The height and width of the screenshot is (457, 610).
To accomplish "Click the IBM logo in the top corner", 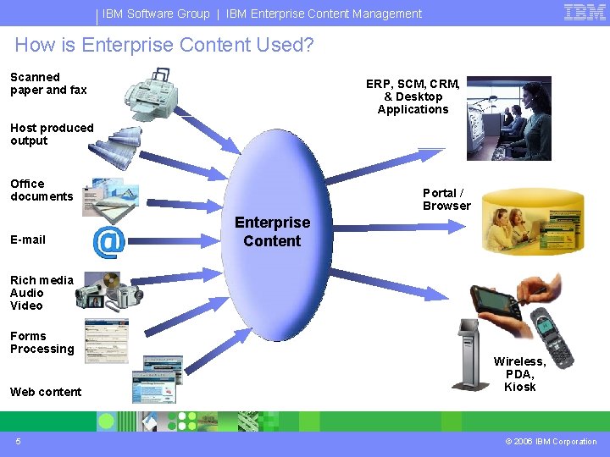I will (585, 13).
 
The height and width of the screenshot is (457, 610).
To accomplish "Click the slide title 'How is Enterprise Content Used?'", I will (164, 46).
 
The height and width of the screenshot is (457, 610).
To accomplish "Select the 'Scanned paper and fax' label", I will (48, 84).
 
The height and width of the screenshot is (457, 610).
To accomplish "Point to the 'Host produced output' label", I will (52, 135).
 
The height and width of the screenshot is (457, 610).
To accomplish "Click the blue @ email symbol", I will (108, 242).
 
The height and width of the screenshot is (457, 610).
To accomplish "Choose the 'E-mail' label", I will (28, 240).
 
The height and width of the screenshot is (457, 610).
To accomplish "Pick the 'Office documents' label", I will (42, 190).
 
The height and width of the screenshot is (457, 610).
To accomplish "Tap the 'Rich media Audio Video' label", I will (42, 293).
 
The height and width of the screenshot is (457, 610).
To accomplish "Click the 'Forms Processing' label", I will (42, 343).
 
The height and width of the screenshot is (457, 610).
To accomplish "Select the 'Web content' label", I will (46, 392).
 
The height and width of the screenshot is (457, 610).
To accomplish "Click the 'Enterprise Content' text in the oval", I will (272, 232).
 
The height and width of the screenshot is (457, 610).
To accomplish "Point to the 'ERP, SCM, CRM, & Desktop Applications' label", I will (413, 96).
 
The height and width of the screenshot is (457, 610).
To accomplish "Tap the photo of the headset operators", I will (508, 118).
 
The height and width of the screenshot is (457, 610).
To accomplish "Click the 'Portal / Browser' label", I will (446, 200).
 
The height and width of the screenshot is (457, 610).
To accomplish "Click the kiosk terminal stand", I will (469, 355).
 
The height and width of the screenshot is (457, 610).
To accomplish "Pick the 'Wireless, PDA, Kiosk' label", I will (519, 374).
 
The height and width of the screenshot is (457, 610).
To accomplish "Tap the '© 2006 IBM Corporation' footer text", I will (552, 442).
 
